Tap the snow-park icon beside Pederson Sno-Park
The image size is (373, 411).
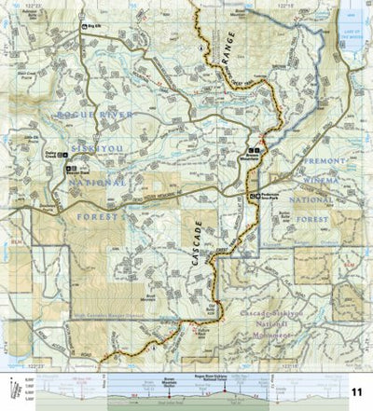256,195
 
